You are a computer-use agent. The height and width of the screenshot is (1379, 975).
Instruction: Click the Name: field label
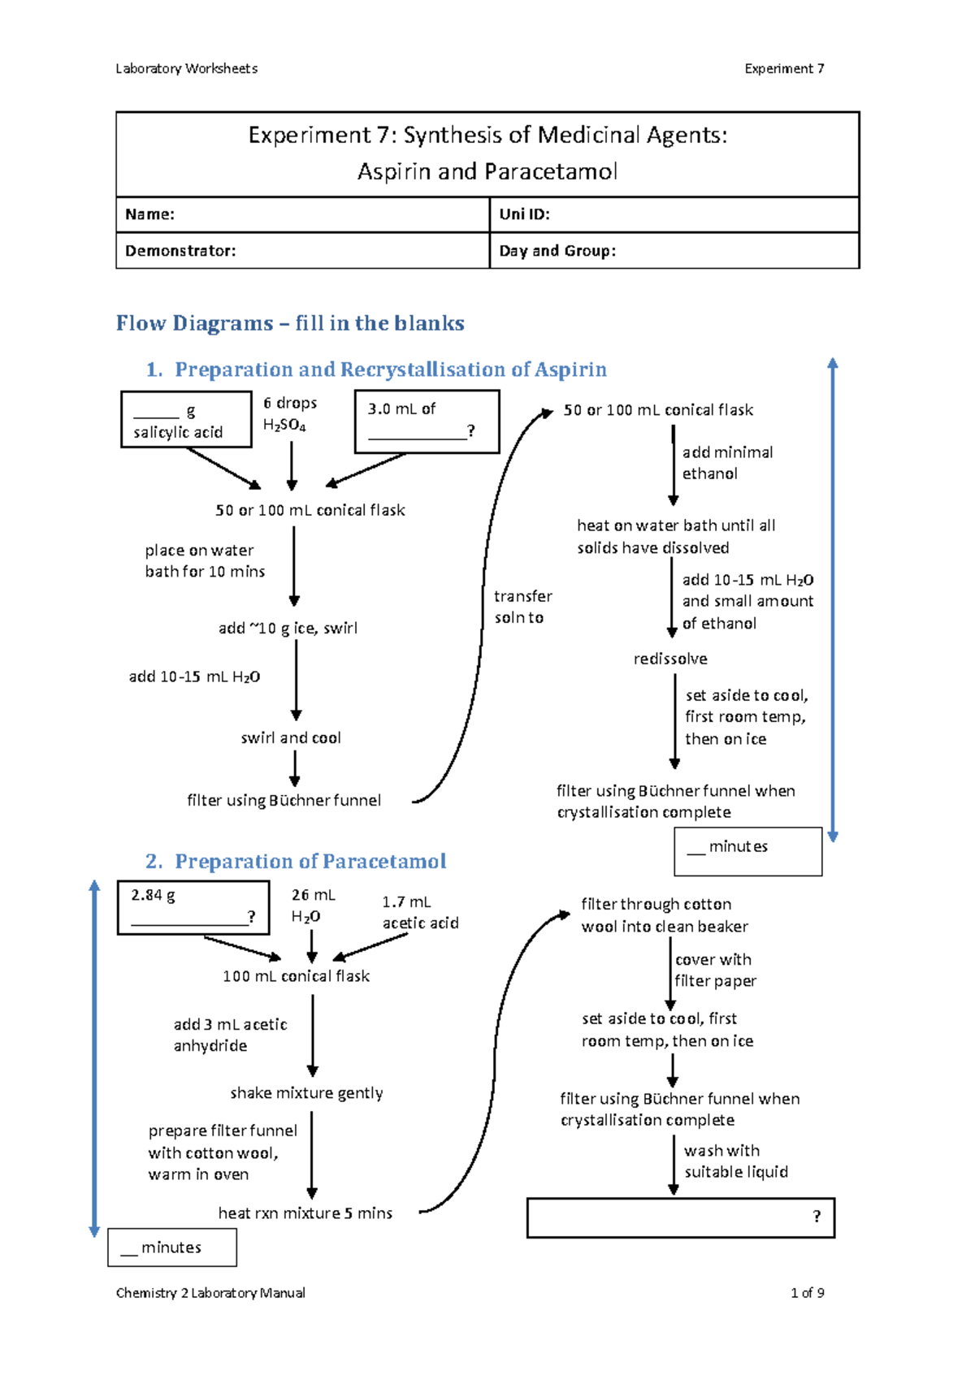(150, 214)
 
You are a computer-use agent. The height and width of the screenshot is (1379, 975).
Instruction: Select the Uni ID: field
(674, 214)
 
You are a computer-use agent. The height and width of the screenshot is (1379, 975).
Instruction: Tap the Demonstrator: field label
(180, 251)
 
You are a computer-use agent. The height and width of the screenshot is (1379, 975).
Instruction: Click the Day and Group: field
(674, 251)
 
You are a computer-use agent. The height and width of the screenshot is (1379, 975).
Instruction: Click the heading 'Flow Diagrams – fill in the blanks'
(290, 323)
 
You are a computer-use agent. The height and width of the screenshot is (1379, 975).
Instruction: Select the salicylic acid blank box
(186, 420)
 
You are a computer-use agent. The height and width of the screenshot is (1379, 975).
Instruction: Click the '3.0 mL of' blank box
(427, 421)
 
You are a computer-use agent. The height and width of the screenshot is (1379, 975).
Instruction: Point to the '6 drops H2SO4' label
(289, 413)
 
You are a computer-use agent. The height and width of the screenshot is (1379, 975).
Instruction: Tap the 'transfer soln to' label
(522, 607)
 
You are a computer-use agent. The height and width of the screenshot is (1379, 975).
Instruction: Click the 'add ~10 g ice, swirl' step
(288, 628)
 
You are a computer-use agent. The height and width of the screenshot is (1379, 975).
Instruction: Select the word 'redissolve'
(670, 659)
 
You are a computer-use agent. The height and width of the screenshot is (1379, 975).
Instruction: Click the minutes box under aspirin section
(747, 851)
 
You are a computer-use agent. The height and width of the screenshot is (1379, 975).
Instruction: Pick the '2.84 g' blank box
(193, 907)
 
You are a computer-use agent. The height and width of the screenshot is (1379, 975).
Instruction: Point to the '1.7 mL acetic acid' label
(420, 913)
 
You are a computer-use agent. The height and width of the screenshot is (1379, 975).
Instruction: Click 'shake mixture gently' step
(306, 1093)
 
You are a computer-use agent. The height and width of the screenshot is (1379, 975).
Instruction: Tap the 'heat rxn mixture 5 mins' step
(305, 1213)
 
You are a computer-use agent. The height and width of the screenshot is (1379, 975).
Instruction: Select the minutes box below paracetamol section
(172, 1247)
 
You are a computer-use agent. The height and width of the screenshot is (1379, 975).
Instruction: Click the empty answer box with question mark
(680, 1217)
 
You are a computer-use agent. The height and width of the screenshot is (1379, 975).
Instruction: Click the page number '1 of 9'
(807, 1293)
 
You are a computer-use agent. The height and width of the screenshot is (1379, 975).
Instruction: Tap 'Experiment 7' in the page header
(784, 69)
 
